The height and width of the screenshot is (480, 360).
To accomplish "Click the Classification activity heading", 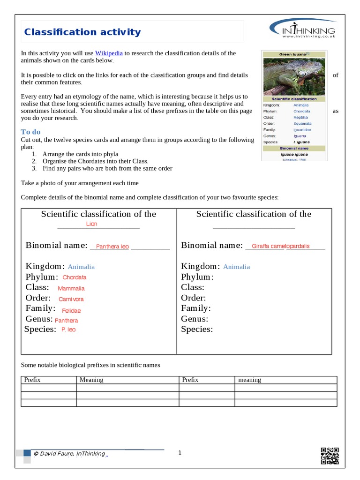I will [82, 32].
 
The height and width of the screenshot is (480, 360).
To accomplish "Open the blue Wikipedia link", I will [109, 53].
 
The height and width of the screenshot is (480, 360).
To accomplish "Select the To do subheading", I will [31, 132].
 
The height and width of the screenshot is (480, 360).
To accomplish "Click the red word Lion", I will [92, 224].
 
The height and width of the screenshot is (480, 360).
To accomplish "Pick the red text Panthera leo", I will [112, 247].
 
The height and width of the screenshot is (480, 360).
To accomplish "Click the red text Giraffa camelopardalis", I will [280, 246].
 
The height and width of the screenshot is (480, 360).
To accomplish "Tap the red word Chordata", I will [75, 277].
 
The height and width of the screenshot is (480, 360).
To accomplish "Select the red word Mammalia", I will [71, 288].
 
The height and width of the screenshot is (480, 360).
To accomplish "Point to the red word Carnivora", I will [71, 299].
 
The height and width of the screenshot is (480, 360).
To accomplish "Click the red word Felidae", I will [71, 310].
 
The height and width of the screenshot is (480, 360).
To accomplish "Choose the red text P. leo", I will [68, 330].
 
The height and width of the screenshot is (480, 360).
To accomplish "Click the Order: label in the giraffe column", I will [193, 298].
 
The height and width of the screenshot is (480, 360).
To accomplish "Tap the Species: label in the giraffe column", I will [197, 330].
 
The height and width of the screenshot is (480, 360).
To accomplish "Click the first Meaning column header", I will [91, 380].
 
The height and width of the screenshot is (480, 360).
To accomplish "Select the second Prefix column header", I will [190, 380].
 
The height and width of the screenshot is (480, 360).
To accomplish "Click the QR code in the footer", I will [330, 456].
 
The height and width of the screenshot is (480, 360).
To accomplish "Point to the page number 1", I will [180, 453].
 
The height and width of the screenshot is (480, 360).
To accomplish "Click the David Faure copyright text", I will [69, 453].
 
